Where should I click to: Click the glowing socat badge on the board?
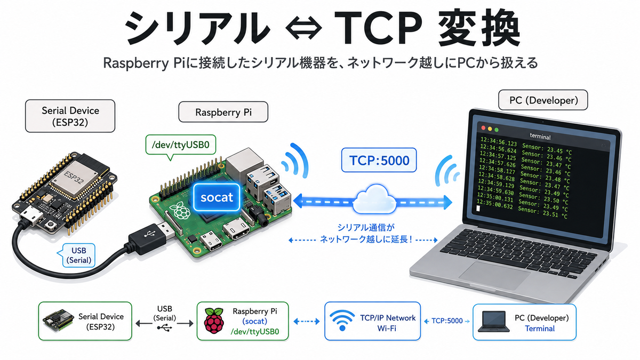(x=217, y=197)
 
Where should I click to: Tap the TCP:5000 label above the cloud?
(x=379, y=160)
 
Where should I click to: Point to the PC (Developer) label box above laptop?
(x=543, y=100)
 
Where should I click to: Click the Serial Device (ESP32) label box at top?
(x=70, y=116)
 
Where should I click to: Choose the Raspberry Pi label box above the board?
(x=223, y=112)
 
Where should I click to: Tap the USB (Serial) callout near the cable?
(x=77, y=255)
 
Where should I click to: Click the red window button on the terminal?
(x=483, y=127)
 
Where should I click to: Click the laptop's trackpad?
(x=494, y=275)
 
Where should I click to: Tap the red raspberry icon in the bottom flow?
(x=214, y=321)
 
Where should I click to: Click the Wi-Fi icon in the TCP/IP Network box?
(x=342, y=321)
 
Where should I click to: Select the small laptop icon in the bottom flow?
(x=493, y=322)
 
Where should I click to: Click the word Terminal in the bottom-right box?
(x=540, y=329)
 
